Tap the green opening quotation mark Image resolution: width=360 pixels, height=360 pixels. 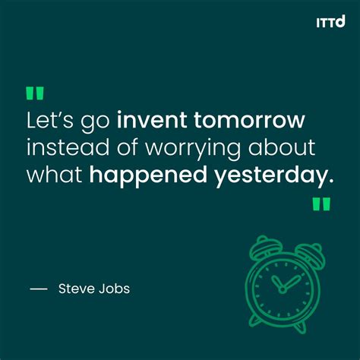tap(35, 93)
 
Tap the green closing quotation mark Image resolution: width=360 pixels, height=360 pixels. tap(321, 204)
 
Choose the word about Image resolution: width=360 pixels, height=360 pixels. tap(286, 147)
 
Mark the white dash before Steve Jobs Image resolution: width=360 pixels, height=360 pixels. tap(38, 289)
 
